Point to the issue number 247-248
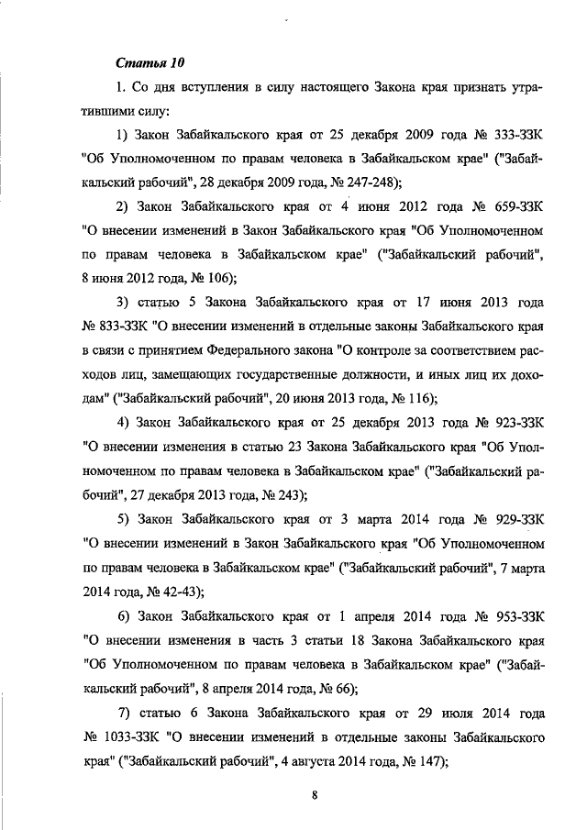[364, 181]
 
